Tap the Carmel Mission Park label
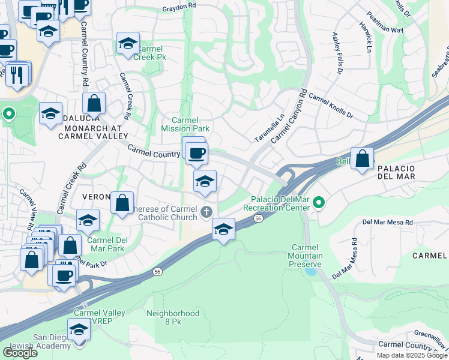(185, 124)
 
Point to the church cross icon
(206, 211)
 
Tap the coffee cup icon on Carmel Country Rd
(196, 154)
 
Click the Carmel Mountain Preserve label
(307, 256)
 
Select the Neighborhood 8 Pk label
(173, 317)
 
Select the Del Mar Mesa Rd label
(388, 222)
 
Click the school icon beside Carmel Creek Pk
(127, 43)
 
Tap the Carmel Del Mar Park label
(106, 244)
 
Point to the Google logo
(20, 352)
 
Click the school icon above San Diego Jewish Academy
(78, 329)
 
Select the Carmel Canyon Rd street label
(289, 118)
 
